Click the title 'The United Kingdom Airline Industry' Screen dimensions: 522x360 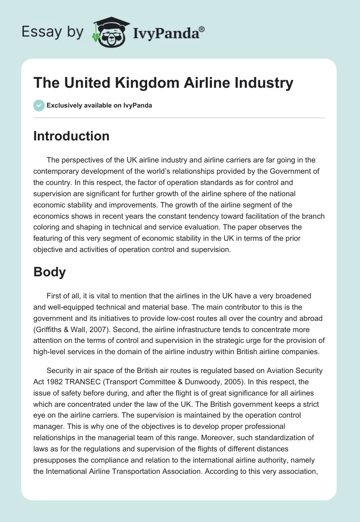[x=163, y=83]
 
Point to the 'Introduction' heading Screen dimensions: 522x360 [x=71, y=136]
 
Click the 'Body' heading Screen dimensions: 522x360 [x=49, y=272]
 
